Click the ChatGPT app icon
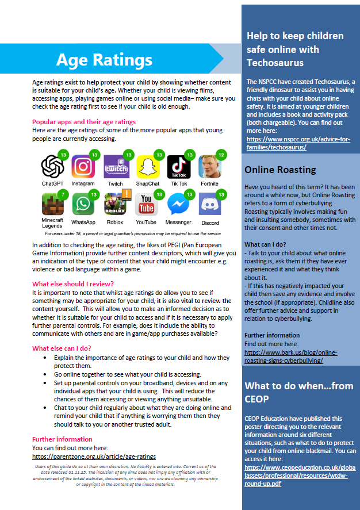(x=52, y=167)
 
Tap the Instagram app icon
(x=83, y=167)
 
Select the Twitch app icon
(x=115, y=167)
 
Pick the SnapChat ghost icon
(x=147, y=167)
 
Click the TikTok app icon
(x=178, y=167)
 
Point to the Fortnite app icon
(x=209, y=167)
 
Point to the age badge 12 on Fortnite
(x=222, y=155)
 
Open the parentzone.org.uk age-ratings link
(x=94, y=457)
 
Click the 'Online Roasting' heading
(x=280, y=170)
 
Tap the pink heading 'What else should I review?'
(x=73, y=284)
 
